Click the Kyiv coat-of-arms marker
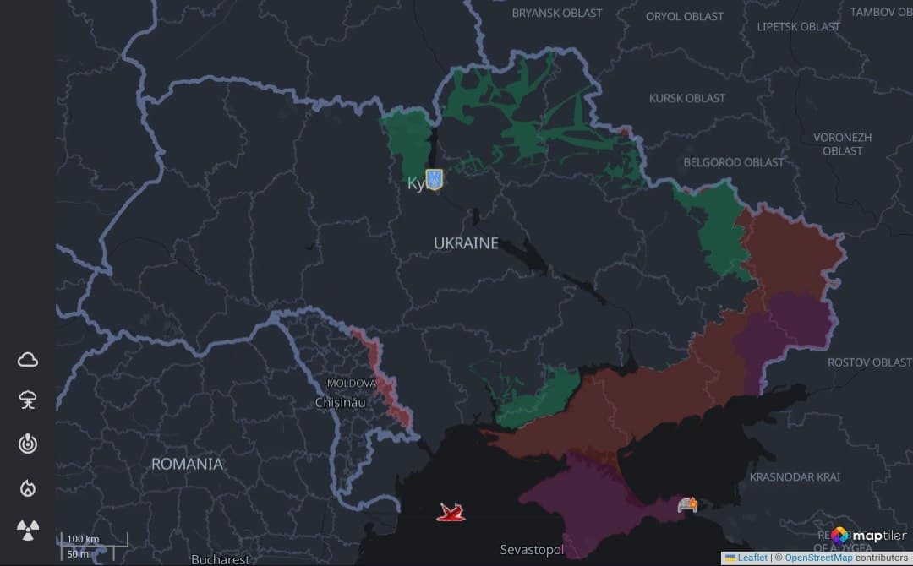[x=434, y=179]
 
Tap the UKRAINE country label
[x=466, y=243]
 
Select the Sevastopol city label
[x=532, y=550]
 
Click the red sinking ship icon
[x=451, y=512]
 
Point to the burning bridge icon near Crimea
[x=686, y=505]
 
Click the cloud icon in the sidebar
[x=28, y=360]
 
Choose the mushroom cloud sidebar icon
[x=28, y=400]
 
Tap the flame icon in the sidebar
[x=28, y=487]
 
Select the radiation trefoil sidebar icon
[x=28, y=531]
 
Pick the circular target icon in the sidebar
[x=28, y=444]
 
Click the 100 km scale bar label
[x=83, y=539]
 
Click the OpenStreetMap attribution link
[x=817, y=558]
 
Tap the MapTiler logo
[x=868, y=536]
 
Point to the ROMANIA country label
[x=187, y=464]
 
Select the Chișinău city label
[x=340, y=403]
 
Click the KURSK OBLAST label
[x=686, y=98]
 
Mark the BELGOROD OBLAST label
[x=733, y=161]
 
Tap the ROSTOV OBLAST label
[x=869, y=362]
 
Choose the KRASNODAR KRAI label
[x=795, y=477]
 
